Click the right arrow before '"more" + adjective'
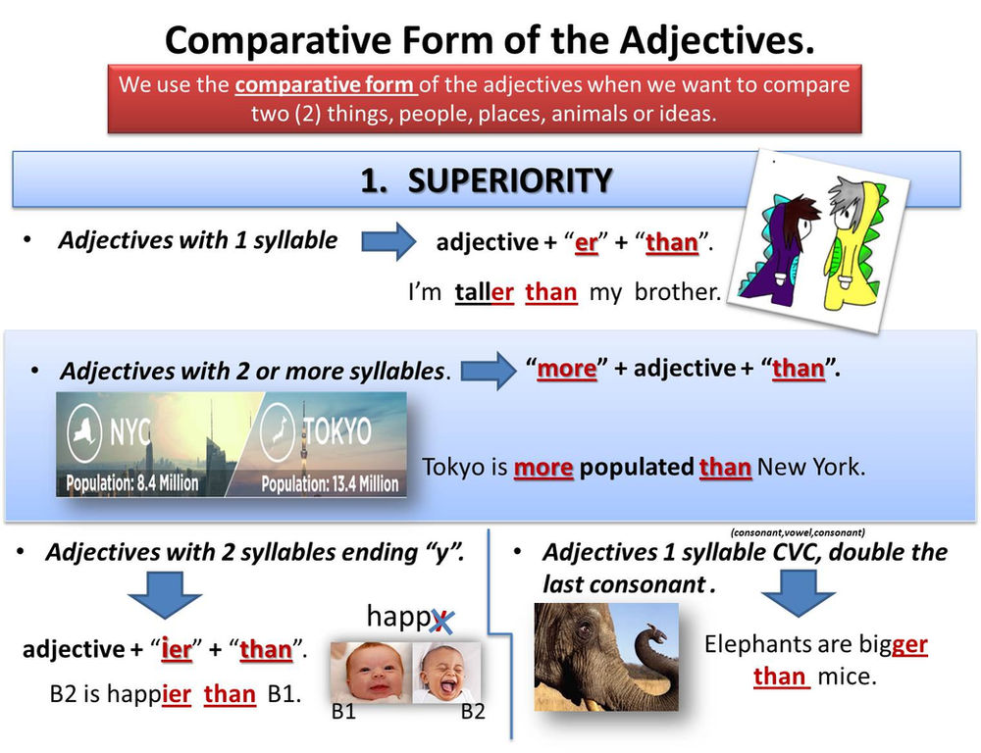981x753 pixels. [489, 372]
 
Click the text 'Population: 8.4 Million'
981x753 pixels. [131, 482]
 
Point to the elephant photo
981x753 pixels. [605, 656]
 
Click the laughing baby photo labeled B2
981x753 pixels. [446, 672]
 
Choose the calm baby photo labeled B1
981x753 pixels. [370, 672]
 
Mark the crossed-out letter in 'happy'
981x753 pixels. [440, 618]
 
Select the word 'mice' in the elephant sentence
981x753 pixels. [845, 677]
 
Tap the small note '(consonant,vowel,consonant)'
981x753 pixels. [797, 532]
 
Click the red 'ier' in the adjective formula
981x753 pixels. [177, 649]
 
